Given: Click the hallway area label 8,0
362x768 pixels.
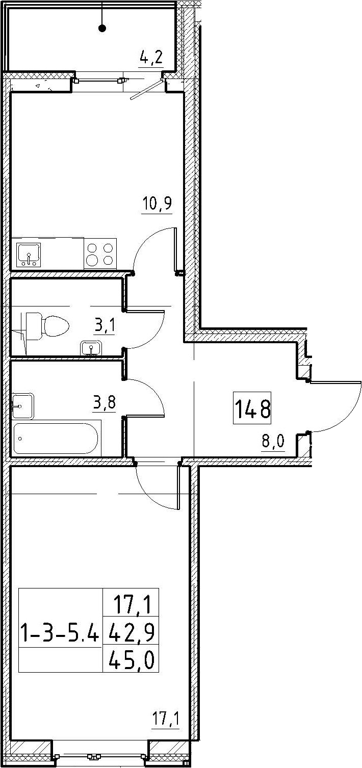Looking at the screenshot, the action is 273,442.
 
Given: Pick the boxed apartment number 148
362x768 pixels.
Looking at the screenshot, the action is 252,408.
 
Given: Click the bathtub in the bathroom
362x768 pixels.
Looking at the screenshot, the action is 56,439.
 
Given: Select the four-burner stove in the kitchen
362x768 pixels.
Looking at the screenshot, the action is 100,254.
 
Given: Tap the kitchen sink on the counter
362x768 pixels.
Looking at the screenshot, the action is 29,254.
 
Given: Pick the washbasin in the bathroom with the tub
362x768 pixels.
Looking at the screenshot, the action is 23,405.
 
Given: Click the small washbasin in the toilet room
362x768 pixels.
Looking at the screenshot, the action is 91,348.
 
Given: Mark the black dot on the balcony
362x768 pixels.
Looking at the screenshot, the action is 102,29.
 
